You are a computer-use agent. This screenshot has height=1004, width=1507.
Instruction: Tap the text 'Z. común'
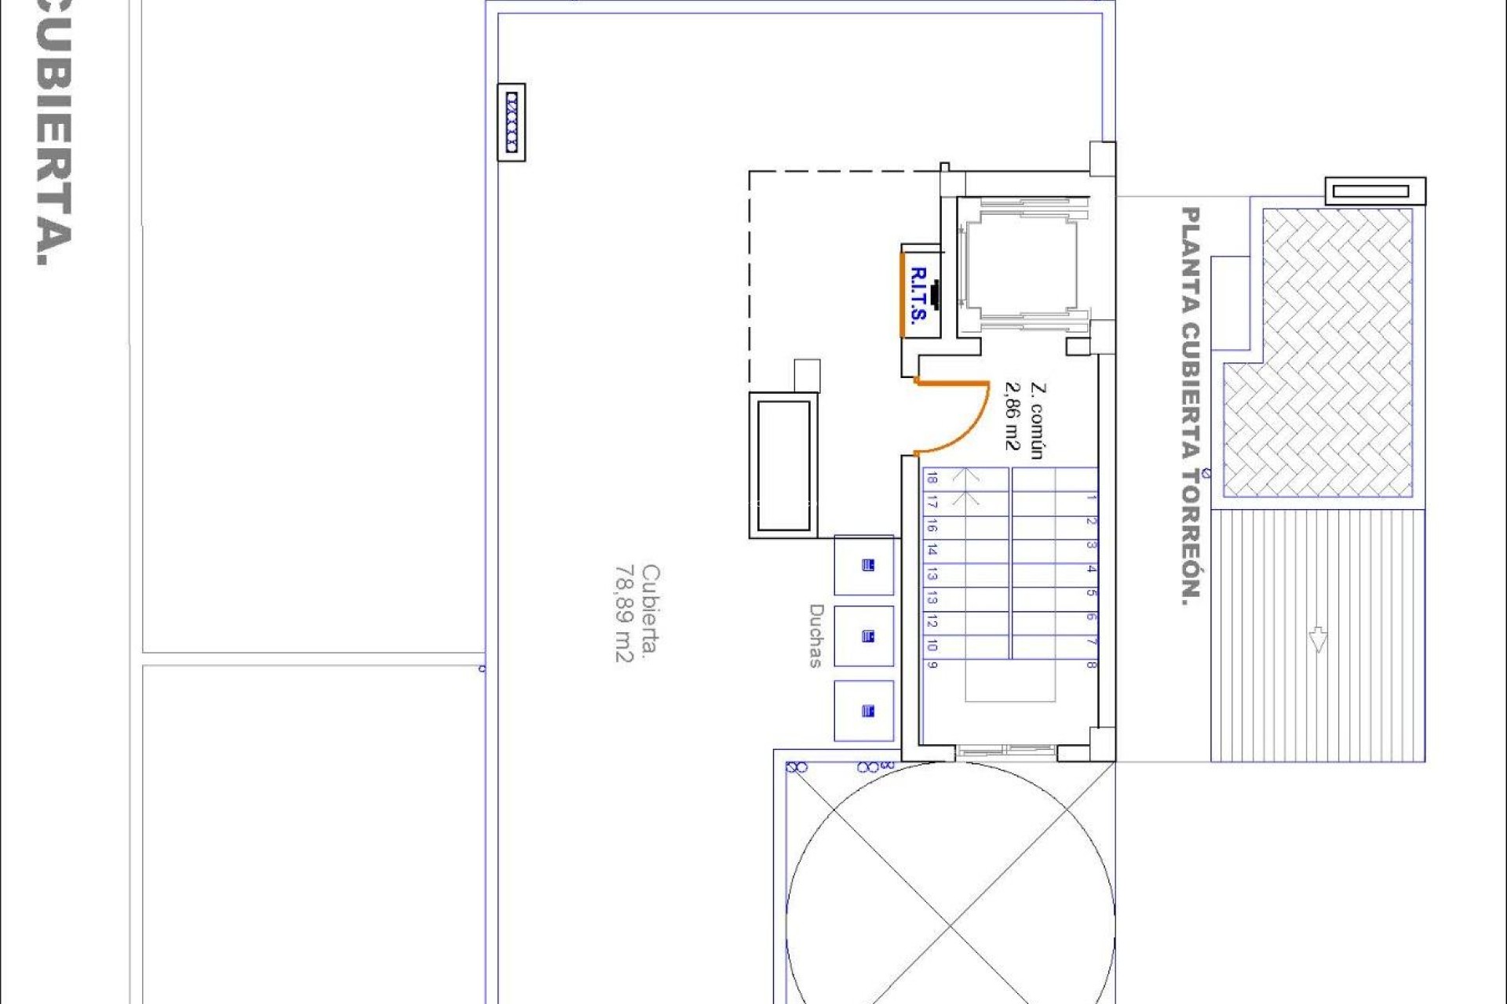point(1037,420)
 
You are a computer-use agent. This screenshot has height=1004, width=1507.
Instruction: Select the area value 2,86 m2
point(1013,417)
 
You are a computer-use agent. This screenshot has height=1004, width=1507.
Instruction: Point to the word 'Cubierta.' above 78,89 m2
point(651,613)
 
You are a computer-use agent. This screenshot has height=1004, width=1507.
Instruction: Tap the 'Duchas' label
point(816,635)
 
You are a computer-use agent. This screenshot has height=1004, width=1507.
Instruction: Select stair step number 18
point(932,478)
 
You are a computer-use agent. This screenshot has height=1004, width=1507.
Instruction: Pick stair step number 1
point(1092,497)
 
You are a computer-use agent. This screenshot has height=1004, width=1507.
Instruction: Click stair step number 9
point(932,664)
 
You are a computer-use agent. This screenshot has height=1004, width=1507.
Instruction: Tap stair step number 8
point(1092,664)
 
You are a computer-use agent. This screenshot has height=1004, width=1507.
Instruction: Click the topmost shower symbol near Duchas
point(867,565)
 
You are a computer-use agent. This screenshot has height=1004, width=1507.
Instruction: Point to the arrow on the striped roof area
point(1318,639)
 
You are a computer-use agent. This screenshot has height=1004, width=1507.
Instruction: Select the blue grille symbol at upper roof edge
point(512,122)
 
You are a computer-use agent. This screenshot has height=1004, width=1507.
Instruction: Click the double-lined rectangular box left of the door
point(783,466)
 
